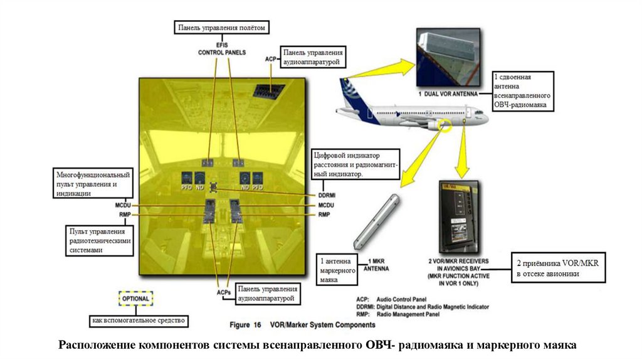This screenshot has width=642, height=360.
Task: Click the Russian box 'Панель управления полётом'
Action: click(223, 28)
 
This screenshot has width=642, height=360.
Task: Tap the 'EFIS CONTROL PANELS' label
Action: click(222, 49)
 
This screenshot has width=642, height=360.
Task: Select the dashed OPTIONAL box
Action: click(135, 299)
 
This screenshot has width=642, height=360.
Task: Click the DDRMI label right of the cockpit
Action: click(328, 196)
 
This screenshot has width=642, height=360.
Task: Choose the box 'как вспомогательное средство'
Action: click(139, 320)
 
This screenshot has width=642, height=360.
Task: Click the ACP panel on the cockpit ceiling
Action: click(269, 91)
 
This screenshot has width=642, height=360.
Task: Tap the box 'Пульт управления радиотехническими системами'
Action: click(101, 241)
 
